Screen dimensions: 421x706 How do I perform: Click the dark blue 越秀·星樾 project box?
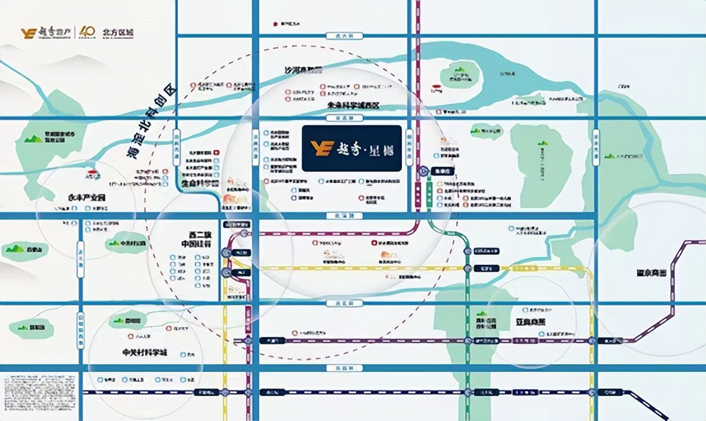352,149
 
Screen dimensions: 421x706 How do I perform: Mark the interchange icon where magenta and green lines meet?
424,172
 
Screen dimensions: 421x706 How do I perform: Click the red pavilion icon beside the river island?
436,89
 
